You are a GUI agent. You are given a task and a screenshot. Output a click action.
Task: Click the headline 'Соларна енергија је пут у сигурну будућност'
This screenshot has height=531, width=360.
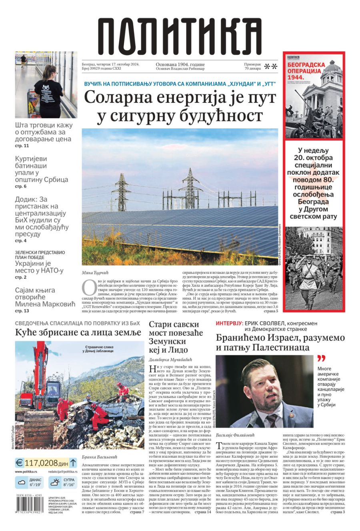(x=180, y=106)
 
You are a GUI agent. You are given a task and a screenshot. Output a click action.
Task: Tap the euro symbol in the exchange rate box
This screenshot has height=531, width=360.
(x=19, y=463)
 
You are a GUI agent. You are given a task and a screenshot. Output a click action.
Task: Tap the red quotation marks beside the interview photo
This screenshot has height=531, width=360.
(x=321, y=358)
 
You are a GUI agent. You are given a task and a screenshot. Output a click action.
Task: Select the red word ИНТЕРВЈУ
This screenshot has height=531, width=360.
(x=229, y=323)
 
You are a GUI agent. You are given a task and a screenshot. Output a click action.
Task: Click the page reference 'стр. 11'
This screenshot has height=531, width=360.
(x=22, y=146)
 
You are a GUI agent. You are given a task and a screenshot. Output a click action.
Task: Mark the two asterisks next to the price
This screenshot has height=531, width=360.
(x=270, y=66)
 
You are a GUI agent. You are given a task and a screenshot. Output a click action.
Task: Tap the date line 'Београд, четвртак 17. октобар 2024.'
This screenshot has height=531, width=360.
(x=110, y=64)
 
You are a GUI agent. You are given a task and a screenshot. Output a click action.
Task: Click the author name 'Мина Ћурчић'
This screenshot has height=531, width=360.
(x=95, y=273)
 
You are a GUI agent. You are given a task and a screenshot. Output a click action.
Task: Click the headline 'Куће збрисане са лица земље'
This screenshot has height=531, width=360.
(x=78, y=333)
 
